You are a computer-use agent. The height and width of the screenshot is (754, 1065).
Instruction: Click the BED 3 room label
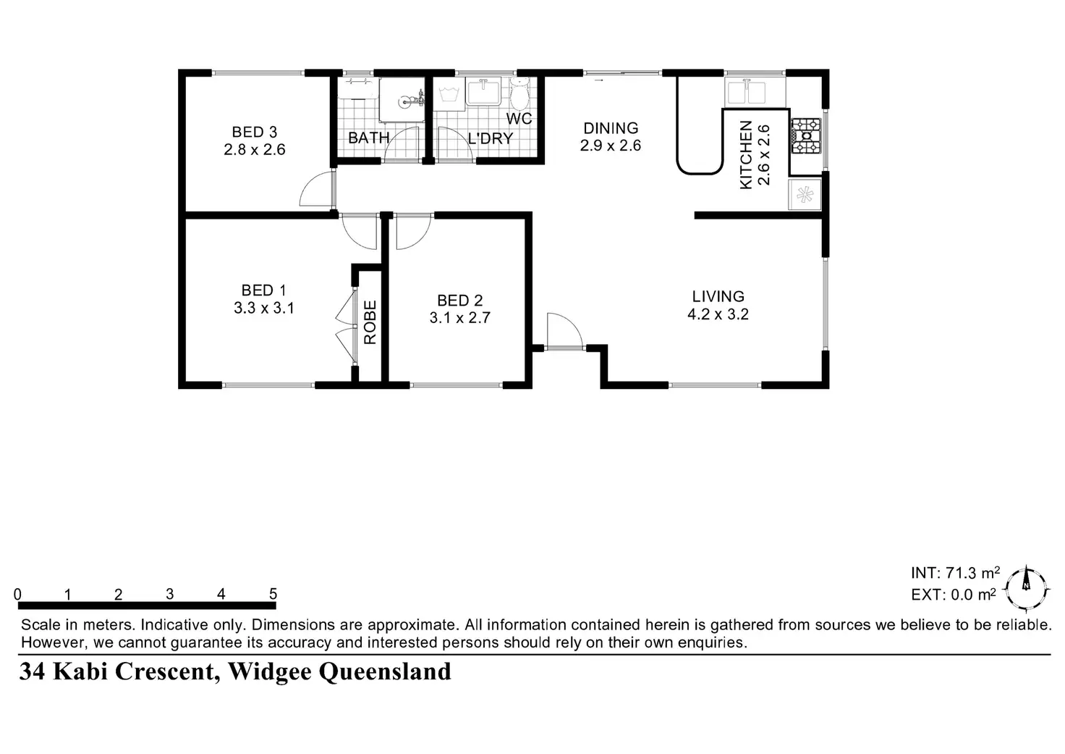tap(255, 132)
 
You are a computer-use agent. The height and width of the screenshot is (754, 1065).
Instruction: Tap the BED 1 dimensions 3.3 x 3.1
tap(264, 308)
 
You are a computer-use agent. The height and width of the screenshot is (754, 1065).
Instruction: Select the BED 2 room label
tap(459, 301)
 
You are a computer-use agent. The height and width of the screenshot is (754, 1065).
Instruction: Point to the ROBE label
tap(370, 322)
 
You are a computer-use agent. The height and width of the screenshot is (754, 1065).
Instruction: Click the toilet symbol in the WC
tap(519, 93)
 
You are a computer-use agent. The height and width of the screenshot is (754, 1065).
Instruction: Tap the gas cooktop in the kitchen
tap(806, 135)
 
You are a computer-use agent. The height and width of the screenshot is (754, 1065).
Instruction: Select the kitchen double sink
tap(747, 92)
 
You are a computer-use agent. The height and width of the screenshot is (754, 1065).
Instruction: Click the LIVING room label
tap(718, 296)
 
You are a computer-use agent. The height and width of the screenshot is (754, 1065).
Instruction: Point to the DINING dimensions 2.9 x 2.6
tap(611, 145)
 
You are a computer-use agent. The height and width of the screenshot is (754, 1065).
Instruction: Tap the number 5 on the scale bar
tap(273, 594)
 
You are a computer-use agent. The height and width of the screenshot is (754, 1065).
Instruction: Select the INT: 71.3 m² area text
tap(955, 573)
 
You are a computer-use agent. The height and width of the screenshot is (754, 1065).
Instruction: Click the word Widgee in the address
tap(269, 671)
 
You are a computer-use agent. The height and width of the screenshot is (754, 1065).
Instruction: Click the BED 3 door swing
tap(318, 189)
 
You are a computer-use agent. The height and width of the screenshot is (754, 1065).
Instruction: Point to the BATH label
tap(368, 138)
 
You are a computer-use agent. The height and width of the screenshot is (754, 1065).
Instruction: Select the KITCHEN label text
tap(746, 155)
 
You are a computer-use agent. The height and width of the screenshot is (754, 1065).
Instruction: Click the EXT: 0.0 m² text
tap(954, 595)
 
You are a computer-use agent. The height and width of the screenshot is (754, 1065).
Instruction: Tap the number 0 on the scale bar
tap(17, 594)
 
